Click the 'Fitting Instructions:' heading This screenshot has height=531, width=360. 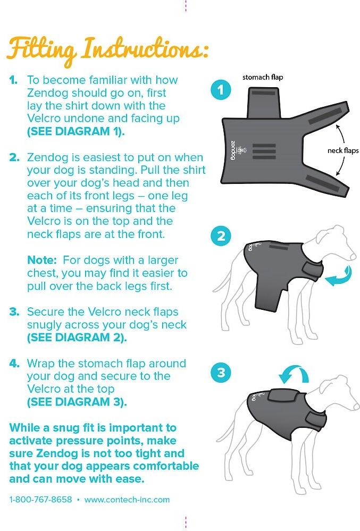tap(107, 50)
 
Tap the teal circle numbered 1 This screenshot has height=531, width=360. tap(221, 90)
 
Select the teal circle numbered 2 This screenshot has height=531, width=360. tap(221, 236)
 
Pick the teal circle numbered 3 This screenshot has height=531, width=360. tap(221, 373)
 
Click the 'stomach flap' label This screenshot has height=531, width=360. tap(263, 77)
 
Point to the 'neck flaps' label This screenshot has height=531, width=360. tap(343, 150)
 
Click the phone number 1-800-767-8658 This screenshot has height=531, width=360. tap(40, 500)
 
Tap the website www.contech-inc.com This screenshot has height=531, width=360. tap(127, 500)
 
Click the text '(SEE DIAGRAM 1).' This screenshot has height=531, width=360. tap(76, 131)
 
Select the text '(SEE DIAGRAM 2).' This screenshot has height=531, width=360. tap(77, 338)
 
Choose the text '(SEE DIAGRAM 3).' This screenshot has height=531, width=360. tap(77, 402)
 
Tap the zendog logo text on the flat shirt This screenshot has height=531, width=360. tap(233, 150)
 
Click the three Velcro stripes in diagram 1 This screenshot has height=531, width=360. tap(264, 151)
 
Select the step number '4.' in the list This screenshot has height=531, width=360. tap(14, 364)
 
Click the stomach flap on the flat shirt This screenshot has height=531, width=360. tap(264, 103)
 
